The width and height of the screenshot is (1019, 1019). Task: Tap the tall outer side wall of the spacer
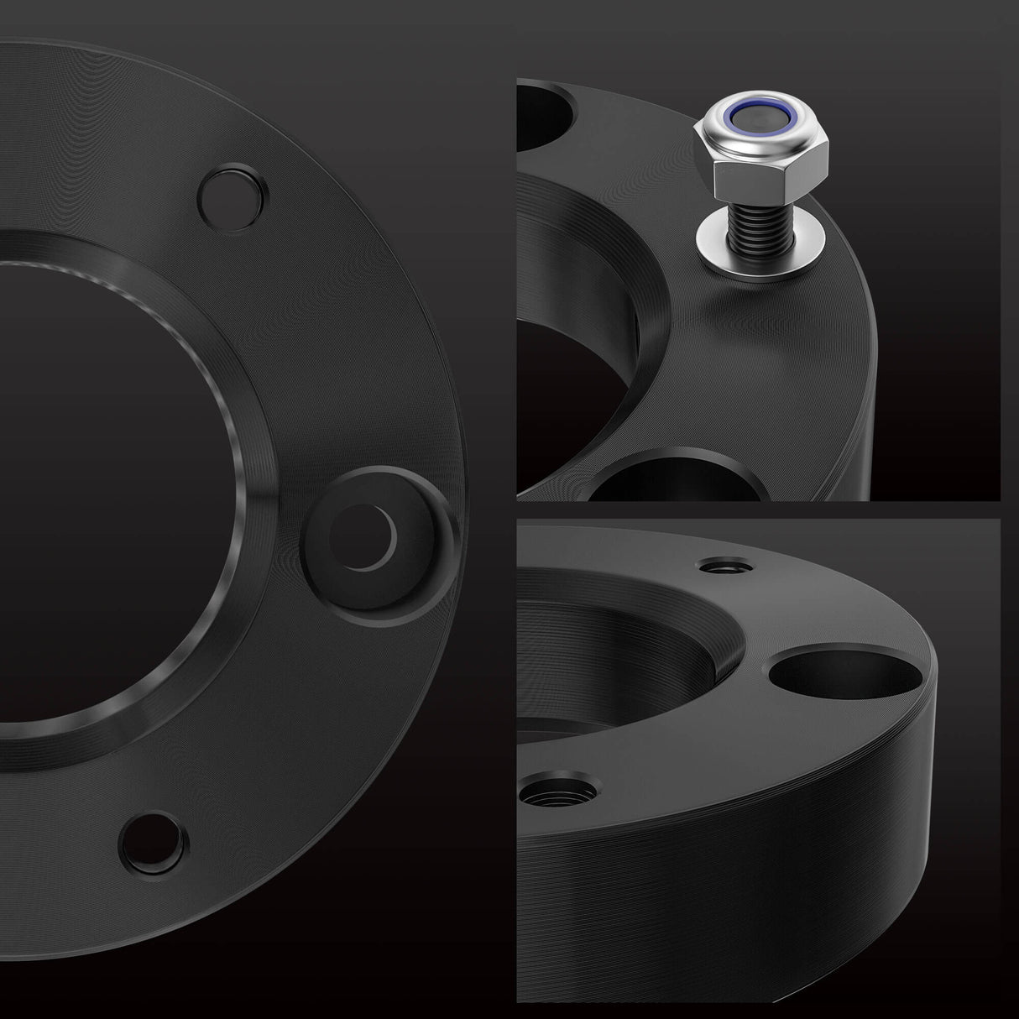point(755,907)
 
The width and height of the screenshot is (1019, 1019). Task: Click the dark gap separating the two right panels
point(755,509)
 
